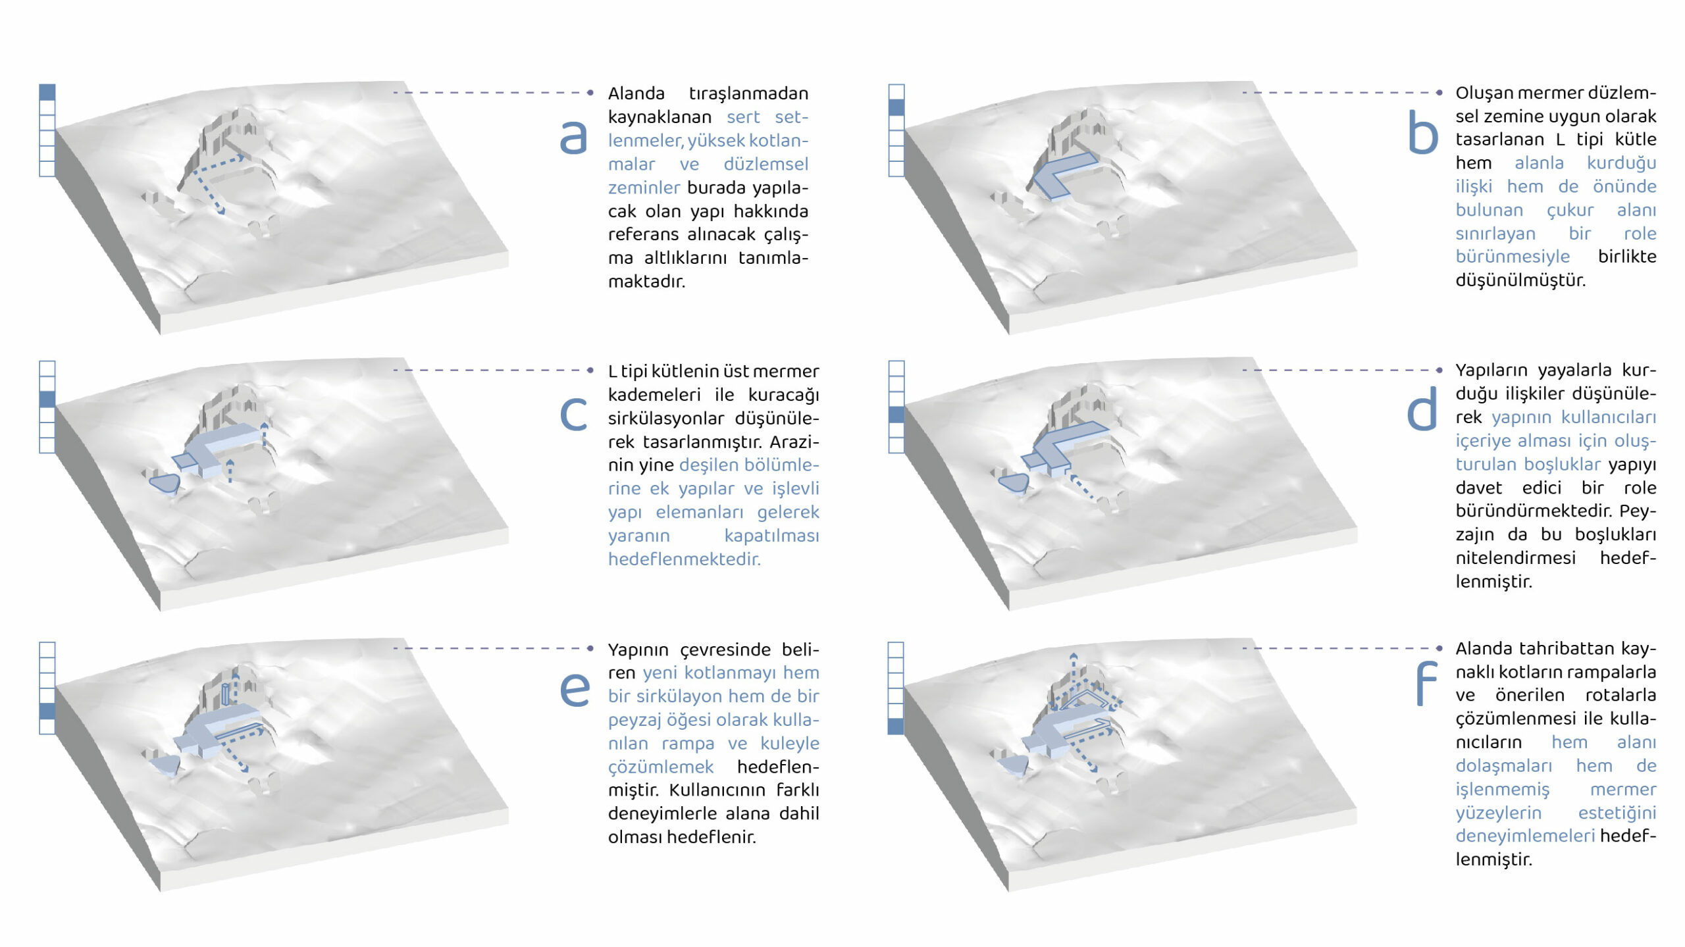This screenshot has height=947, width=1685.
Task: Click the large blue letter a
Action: click(573, 138)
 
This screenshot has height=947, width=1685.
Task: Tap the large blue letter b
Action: click(1422, 132)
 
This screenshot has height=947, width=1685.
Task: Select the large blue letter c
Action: click(573, 415)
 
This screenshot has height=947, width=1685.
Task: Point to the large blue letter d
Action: click(1422, 408)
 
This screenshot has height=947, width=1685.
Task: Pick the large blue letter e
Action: click(574, 690)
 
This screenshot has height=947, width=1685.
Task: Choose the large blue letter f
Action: click(1426, 683)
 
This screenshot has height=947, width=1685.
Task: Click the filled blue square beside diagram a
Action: click(47, 92)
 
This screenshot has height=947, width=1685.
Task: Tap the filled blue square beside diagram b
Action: click(896, 107)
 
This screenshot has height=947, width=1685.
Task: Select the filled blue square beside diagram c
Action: click(47, 399)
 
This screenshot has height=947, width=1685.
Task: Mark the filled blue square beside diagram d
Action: click(896, 415)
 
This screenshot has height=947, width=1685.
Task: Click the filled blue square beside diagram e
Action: click(47, 711)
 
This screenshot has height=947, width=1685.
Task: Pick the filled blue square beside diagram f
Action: click(896, 727)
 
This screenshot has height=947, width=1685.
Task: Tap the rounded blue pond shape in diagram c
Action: click(165, 483)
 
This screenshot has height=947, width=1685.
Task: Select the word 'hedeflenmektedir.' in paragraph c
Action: click(684, 559)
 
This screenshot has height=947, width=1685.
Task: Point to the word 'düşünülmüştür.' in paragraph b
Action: click(1520, 280)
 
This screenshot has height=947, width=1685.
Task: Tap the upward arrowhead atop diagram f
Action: click(1073, 656)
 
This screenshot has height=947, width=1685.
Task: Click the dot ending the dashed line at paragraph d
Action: click(1439, 370)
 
